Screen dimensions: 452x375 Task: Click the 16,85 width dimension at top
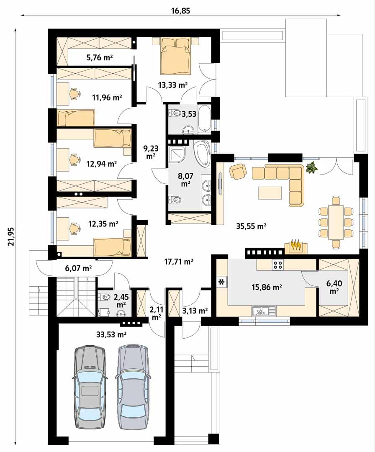(180, 11)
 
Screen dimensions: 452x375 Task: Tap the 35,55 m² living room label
(250, 226)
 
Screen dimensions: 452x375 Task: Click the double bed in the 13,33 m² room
(175, 56)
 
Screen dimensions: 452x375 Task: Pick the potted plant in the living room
(311, 168)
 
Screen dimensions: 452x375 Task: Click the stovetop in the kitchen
(278, 265)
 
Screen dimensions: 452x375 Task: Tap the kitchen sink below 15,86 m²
(264, 311)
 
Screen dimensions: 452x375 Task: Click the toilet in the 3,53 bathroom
(175, 113)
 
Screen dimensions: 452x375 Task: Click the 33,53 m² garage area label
(111, 334)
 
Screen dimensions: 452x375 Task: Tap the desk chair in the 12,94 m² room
(74, 159)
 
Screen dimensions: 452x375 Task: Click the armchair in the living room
(238, 171)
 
